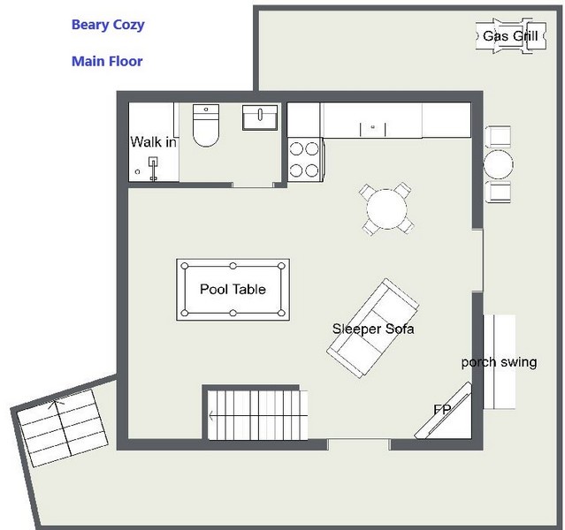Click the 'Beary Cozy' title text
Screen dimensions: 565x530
(x=108, y=25)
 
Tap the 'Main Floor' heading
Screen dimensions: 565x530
(x=107, y=61)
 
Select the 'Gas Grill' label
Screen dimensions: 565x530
(x=510, y=36)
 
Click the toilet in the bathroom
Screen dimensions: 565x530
(x=206, y=125)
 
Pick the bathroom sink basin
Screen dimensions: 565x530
(x=260, y=117)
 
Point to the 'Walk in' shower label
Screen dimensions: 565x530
(x=154, y=142)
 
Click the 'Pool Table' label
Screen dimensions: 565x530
(x=233, y=289)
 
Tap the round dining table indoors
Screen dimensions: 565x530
(x=387, y=209)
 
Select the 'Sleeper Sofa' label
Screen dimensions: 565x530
(x=373, y=329)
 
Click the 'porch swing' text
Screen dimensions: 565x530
(x=499, y=362)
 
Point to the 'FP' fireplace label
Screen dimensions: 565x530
(x=442, y=409)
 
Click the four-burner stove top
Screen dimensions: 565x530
(x=304, y=160)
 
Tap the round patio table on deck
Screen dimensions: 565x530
(x=499, y=164)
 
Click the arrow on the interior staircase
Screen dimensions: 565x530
(x=258, y=416)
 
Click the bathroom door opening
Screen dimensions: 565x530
(x=253, y=185)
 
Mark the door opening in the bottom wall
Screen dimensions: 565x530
(x=358, y=444)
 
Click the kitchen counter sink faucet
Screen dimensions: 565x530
(x=373, y=127)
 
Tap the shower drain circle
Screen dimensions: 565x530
(x=137, y=171)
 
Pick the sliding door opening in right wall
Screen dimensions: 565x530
(x=477, y=260)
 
